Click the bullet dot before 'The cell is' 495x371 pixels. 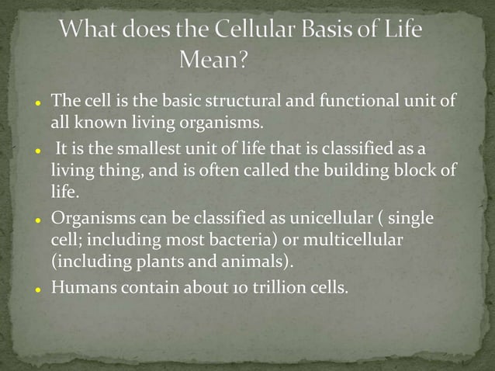click(36, 102)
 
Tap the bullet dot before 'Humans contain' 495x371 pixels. click(36, 289)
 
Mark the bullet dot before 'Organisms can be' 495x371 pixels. click(36, 220)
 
